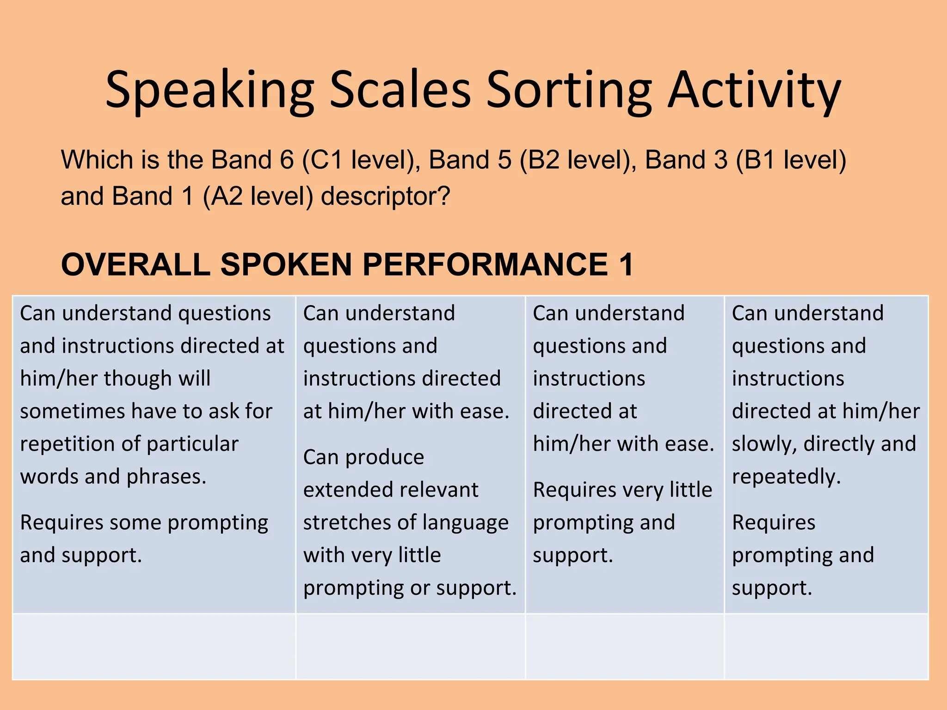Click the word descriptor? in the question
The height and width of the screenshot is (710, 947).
(x=386, y=196)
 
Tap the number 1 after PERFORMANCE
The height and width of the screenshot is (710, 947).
(x=627, y=265)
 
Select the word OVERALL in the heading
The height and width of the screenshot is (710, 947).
(x=136, y=265)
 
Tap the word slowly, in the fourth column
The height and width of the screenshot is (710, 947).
(x=764, y=444)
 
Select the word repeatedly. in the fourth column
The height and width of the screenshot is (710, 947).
(x=786, y=477)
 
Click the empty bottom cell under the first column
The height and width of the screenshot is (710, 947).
(x=154, y=646)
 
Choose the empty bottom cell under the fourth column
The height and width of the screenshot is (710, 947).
(x=826, y=646)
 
